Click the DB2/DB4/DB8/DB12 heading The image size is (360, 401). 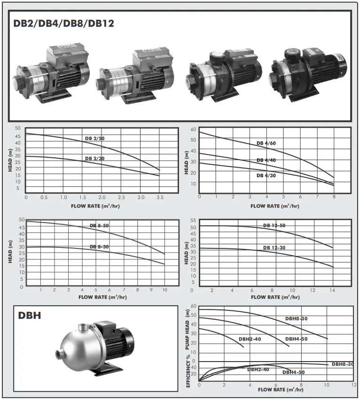tap(63, 23)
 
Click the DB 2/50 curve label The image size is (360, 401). tap(94, 138)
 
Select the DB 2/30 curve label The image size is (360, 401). tap(94, 159)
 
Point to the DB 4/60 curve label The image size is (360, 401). tap(266, 143)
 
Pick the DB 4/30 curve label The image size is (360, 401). tap(266, 175)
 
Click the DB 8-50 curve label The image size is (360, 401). tap(99, 226)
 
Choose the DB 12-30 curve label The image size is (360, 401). tap(274, 247)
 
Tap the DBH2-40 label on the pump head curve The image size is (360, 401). tap(250, 339)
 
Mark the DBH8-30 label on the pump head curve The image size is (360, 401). tap(297, 319)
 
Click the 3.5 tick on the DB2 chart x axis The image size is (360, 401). tap(159, 198)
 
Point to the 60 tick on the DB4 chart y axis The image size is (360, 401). tap(193, 129)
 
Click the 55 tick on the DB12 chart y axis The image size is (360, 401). tap(193, 220)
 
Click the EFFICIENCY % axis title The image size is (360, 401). tap(188, 371)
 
